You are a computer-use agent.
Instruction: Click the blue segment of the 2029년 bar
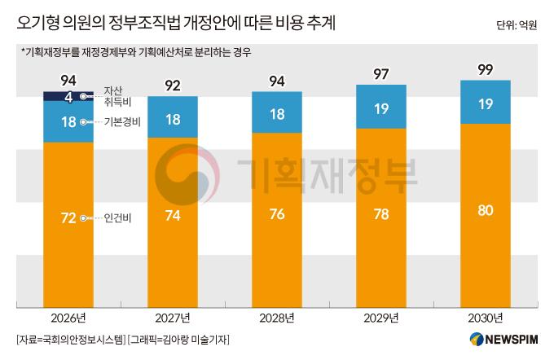point(381,108)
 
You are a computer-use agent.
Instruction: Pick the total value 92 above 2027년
point(173,84)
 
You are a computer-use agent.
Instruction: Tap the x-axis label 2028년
point(277,318)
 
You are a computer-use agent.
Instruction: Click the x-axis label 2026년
point(68,318)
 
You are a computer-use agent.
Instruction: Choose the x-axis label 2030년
point(486,318)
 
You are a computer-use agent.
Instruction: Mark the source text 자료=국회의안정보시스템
point(69,339)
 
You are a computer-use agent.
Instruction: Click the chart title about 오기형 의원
point(175,22)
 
